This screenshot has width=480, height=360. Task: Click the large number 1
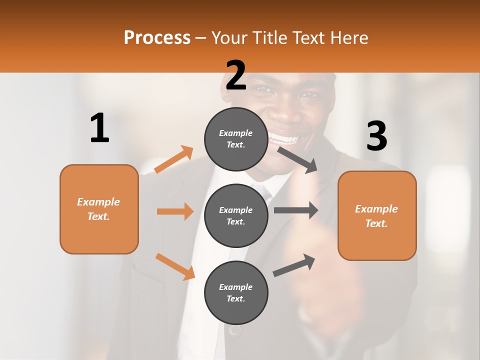tap(99, 128)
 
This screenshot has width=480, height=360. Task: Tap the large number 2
tap(236, 75)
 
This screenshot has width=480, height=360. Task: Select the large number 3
tap(376, 136)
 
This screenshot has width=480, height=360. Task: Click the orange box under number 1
tap(99, 209)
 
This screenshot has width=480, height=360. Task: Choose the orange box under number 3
tap(377, 215)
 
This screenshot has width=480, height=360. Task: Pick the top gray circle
tap(236, 139)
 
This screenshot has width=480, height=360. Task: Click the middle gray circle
tap(236, 215)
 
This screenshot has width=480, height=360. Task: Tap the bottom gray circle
tap(236, 292)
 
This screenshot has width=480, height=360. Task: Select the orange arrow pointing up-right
tap(174, 159)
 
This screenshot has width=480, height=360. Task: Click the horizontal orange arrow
tap(175, 211)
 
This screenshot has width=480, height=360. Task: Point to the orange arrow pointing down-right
tap(175, 266)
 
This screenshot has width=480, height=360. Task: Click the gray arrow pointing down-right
tap(297, 160)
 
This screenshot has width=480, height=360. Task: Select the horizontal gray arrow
tap(296, 210)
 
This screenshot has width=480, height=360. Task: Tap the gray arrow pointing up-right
tap(294, 265)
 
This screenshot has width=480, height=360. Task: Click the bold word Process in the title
tap(157, 37)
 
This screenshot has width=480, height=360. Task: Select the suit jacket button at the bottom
tap(235, 330)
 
